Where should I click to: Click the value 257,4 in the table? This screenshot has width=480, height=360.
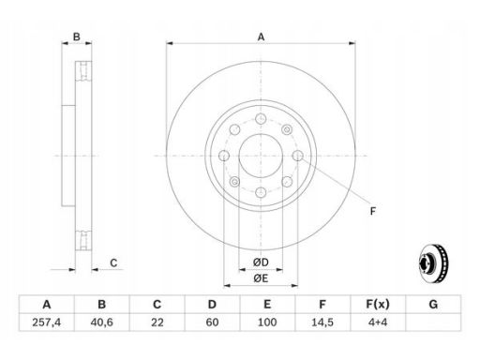(x=46, y=322)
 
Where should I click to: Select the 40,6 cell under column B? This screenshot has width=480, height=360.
(x=101, y=322)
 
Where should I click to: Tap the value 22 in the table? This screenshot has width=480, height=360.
(x=157, y=322)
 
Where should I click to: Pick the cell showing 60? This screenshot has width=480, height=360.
(x=212, y=322)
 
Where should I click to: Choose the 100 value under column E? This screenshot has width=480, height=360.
(x=267, y=322)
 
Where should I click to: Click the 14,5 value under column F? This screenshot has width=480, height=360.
(x=322, y=322)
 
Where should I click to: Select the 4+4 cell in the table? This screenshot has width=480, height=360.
(x=378, y=322)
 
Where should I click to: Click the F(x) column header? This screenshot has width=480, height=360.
(x=378, y=304)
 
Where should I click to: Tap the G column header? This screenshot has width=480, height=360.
(x=433, y=304)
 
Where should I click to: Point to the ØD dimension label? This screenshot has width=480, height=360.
(x=261, y=262)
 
